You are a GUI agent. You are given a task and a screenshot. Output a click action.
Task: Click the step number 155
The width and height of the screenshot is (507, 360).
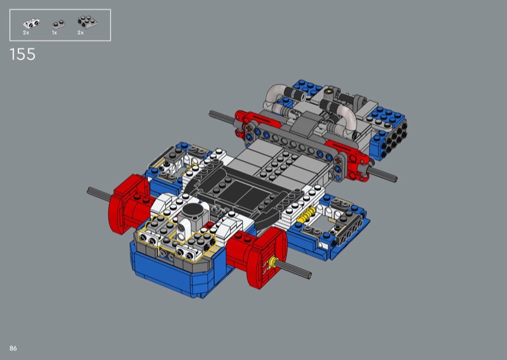pos(22,55)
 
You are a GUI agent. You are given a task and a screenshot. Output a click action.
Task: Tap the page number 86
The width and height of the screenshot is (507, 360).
pos(13,348)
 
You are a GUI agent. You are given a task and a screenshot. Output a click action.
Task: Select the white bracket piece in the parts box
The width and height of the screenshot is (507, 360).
pos(31,23)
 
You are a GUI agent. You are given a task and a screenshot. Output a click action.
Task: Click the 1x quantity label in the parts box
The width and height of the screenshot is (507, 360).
pos(55,33)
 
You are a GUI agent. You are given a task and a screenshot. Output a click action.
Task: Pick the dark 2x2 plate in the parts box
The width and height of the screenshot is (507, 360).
pos(87,22)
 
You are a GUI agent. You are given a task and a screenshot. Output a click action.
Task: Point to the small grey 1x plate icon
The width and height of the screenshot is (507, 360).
pos(58,23)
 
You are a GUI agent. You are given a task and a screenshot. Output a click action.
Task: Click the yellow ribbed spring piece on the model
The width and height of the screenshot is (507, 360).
pos(306,215)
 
